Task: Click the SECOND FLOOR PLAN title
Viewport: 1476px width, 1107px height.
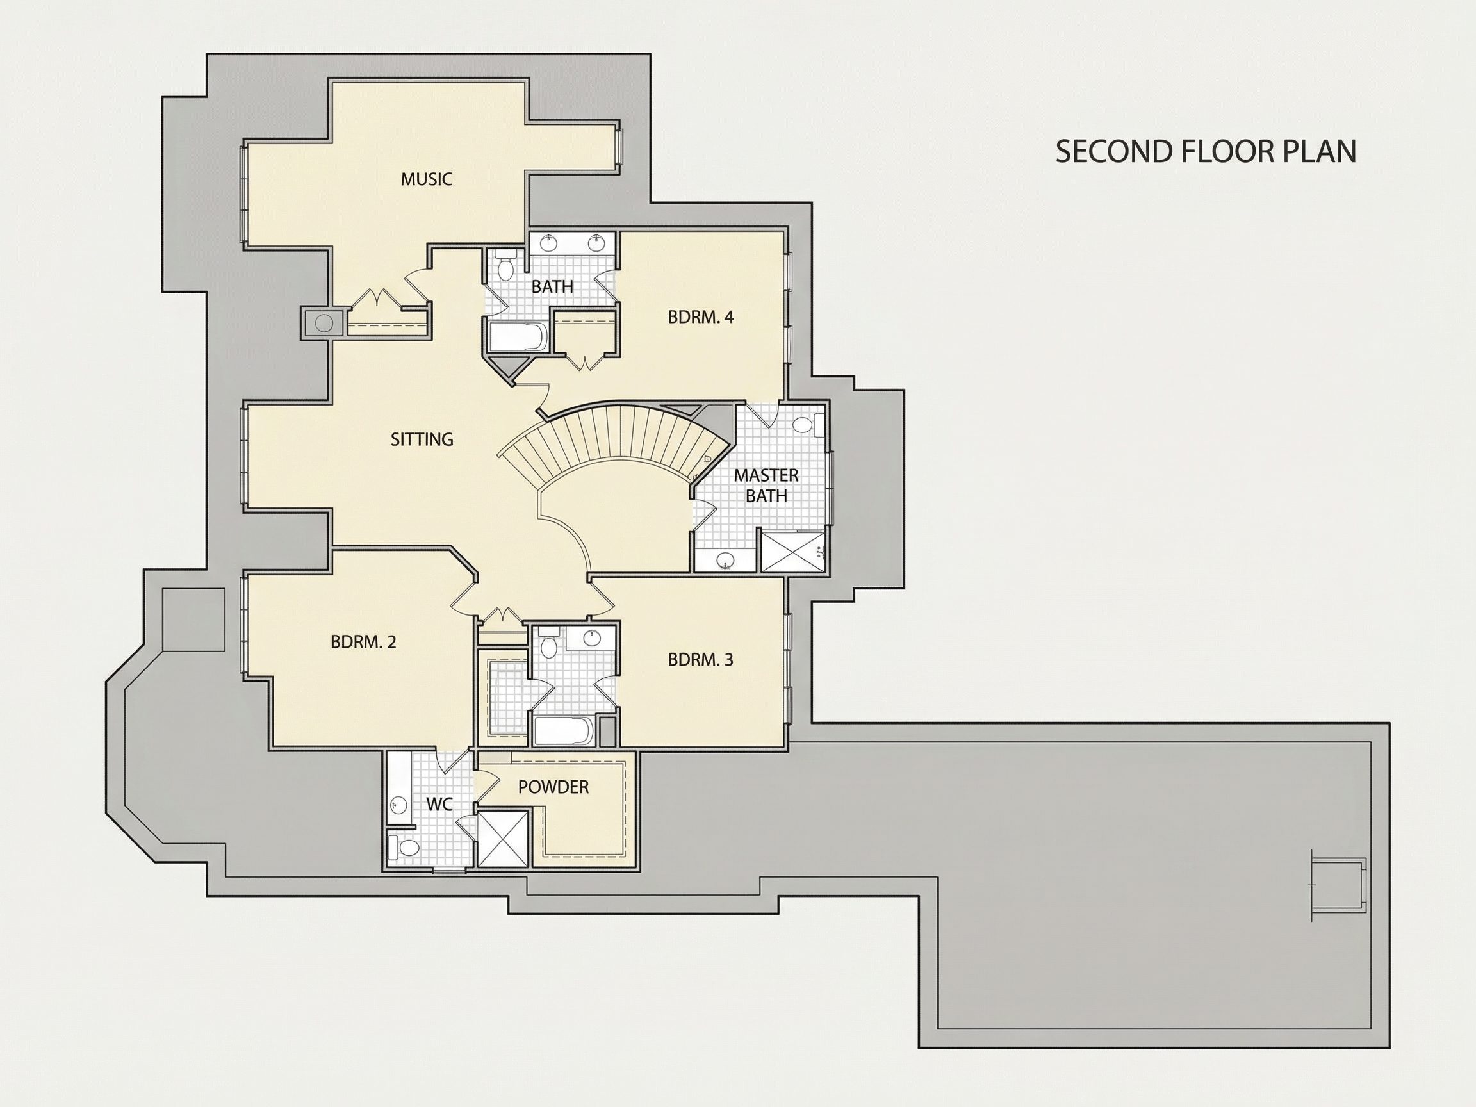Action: [x=1206, y=151]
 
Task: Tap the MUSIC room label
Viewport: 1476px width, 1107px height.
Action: [x=427, y=179]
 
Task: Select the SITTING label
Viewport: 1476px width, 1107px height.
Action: [x=422, y=439]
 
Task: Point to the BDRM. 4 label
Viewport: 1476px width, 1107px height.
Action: [x=701, y=317]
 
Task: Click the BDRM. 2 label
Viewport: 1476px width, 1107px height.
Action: [x=363, y=642]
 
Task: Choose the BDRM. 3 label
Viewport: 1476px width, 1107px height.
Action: [x=701, y=660]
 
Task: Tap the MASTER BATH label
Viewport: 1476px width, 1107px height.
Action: [x=766, y=486]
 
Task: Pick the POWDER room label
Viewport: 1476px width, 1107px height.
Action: [x=553, y=787]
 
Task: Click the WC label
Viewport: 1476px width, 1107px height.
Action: [x=439, y=805]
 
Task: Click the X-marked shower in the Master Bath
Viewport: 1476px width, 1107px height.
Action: [x=792, y=551]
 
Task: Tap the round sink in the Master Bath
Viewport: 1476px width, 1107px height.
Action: [x=725, y=561]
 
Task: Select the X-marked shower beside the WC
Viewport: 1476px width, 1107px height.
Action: [x=504, y=837]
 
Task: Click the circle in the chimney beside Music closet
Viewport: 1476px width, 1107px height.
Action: [x=324, y=324]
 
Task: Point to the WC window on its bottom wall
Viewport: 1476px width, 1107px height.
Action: [x=449, y=870]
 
